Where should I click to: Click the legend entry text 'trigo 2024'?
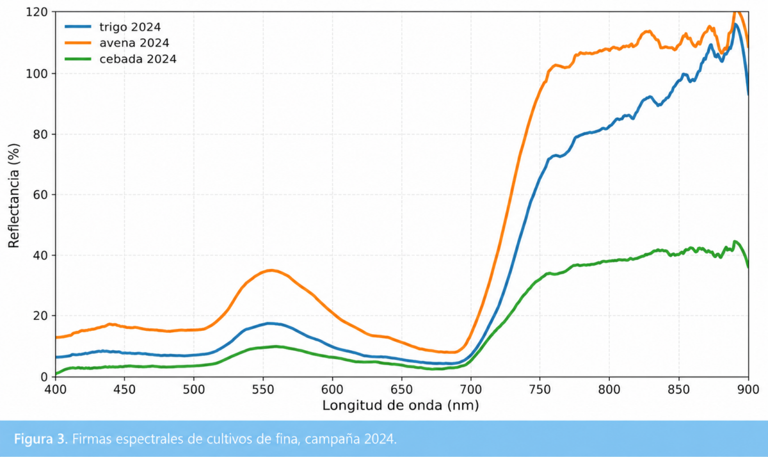click(130, 27)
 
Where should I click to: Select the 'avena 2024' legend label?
click(134, 43)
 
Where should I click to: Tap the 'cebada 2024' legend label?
click(138, 59)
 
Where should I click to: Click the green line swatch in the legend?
click(78, 59)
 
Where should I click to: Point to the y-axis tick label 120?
click(36, 12)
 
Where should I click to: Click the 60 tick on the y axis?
click(40, 195)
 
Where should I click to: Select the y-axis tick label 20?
click(40, 316)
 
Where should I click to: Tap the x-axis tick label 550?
click(263, 390)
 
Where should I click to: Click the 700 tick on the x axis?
click(471, 390)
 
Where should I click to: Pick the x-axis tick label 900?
click(748, 390)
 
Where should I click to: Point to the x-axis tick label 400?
click(56, 390)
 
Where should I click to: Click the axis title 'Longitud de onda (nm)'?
click(401, 406)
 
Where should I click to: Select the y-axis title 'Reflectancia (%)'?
click(13, 195)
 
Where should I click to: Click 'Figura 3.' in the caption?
click(41, 439)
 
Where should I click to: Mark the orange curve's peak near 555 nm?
click(271, 270)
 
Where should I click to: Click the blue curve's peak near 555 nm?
click(270, 323)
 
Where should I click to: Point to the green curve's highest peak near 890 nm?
click(734, 241)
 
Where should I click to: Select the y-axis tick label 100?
click(36, 74)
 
